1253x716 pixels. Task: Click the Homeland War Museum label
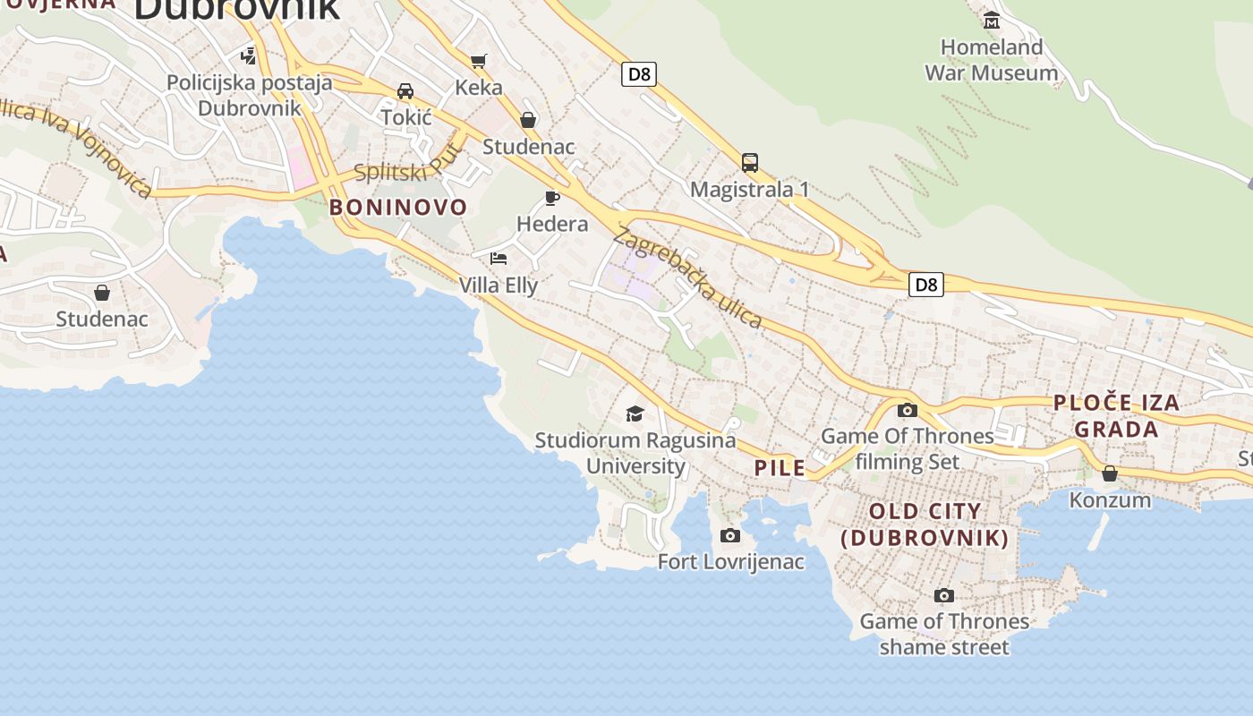tap(991, 59)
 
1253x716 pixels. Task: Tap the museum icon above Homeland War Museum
tap(991, 20)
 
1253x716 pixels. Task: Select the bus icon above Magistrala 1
tap(750, 163)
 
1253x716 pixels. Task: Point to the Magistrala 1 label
tap(749, 190)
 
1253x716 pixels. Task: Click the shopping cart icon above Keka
tap(479, 61)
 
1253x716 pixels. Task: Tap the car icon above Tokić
tap(405, 91)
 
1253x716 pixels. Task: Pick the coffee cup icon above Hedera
tap(552, 198)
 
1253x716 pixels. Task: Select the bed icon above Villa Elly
tap(499, 259)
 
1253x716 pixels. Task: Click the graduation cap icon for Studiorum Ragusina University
tap(635, 413)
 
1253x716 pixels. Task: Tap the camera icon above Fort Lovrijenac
tap(730, 535)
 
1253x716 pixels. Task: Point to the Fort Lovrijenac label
tap(730, 562)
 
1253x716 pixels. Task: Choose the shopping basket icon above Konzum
tap(1110, 473)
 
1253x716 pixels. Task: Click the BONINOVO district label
tap(398, 208)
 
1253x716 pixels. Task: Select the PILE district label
tap(780, 467)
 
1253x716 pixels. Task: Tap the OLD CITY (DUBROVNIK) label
tap(925, 524)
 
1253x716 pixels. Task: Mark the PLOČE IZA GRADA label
tap(1116, 416)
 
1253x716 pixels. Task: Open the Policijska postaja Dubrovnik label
tap(249, 95)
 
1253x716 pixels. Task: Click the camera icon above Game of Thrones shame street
tap(943, 595)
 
